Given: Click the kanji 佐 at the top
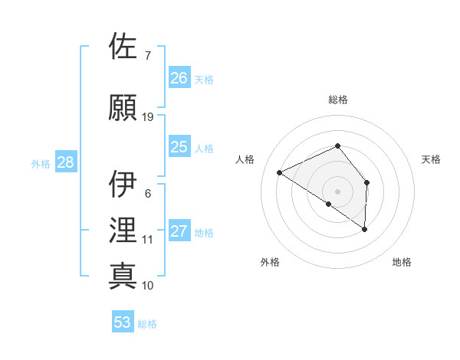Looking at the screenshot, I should [123, 47].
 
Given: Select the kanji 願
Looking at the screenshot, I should [123, 107].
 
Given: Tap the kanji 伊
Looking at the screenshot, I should [123, 184].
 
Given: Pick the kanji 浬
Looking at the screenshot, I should [123, 231].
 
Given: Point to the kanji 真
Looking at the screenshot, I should [123, 276].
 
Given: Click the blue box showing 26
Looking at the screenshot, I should [179, 78].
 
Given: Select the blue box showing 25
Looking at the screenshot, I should [179, 147].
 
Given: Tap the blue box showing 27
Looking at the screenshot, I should [179, 231].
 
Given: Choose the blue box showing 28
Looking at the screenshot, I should [65, 162].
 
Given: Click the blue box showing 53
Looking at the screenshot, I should [123, 322].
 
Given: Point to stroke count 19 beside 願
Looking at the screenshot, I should [148, 117].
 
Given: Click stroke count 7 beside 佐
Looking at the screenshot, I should [147, 56].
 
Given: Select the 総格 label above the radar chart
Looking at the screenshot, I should [338, 100].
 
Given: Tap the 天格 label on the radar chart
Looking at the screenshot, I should [432, 159].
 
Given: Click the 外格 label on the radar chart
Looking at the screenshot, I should [270, 262].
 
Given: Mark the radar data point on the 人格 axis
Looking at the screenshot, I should [280, 172].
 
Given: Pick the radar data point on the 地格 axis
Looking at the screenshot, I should [365, 229].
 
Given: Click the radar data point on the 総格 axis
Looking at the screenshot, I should [338, 146].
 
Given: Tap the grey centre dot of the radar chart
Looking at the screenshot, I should [338, 191].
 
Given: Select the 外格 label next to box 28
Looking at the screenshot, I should [40, 163].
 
